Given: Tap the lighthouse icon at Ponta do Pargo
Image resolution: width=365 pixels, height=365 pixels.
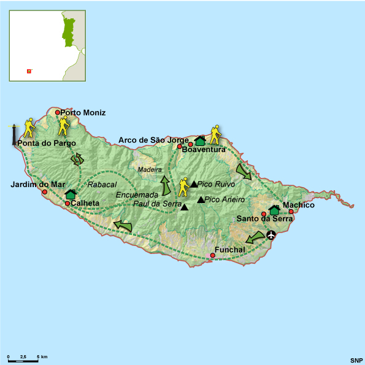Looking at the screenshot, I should (x=13, y=134).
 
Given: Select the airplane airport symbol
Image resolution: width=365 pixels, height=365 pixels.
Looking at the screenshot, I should (x=271, y=234).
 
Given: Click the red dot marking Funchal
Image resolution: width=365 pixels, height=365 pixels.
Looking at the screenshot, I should (x=212, y=255).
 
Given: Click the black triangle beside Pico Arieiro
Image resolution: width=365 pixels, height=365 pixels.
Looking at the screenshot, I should (x=201, y=199).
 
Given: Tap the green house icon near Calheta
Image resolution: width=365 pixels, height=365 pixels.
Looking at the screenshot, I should (x=70, y=194).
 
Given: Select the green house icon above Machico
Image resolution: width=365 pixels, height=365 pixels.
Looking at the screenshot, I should (x=274, y=210).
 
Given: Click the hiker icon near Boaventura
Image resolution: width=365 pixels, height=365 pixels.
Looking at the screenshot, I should (x=215, y=134).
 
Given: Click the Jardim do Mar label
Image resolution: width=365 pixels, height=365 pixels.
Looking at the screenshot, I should (x=37, y=184).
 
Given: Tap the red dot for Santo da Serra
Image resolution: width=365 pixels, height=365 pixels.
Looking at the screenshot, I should (x=264, y=214).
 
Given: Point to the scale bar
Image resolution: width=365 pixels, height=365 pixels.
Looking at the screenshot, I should (x=23, y=361).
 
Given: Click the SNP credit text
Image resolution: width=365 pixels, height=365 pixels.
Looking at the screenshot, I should (x=356, y=359).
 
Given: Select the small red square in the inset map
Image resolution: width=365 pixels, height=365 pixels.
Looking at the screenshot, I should (x=28, y=71).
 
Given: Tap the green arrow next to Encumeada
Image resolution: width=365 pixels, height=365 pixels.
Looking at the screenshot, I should (x=164, y=185).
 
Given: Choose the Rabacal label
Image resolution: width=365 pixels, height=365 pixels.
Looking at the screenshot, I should (x=102, y=184).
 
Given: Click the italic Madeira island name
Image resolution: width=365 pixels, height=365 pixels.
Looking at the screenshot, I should (x=150, y=169).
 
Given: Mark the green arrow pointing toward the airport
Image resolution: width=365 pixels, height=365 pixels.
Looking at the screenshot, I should (x=255, y=237).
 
